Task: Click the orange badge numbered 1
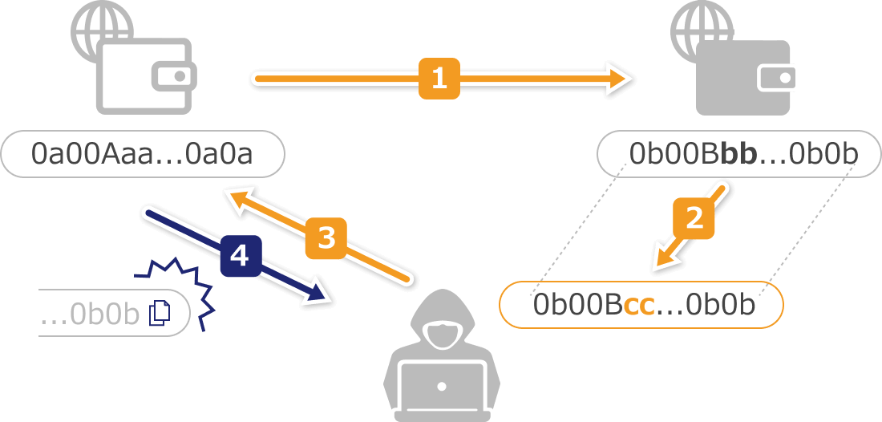coord(439,79)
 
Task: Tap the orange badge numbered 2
coord(694,217)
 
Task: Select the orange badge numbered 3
coord(326,237)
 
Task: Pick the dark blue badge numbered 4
coord(239,255)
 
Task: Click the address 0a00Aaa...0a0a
coord(142,153)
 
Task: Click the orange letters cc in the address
coord(639,306)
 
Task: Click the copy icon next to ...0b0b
coord(160,312)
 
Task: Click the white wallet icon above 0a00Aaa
coord(144,76)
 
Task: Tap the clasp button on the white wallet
coord(180,77)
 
